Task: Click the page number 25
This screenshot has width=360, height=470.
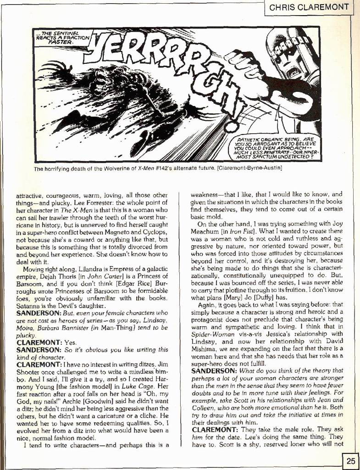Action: pos(350,461)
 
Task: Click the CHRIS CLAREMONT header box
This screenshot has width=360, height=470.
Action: pos(311,7)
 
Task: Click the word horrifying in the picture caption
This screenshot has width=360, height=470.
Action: pos(62,169)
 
